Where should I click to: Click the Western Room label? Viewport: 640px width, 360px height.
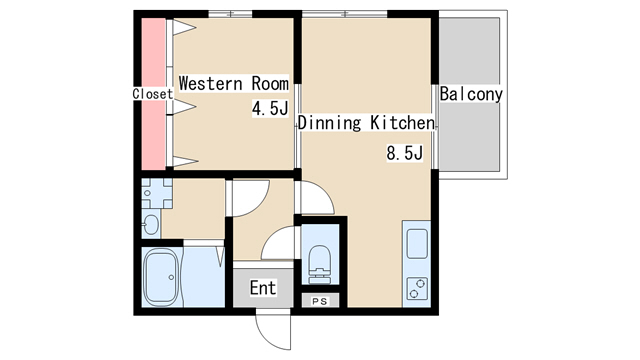tap(234, 83)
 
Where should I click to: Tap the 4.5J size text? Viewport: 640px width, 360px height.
tap(270, 109)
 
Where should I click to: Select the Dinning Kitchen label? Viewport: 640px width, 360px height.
tap(366, 123)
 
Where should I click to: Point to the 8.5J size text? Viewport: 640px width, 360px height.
tap(404, 153)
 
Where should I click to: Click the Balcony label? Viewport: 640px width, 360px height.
tap(471, 94)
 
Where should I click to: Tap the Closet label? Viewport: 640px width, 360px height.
tap(153, 93)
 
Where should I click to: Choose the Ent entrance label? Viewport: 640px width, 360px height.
tap(263, 288)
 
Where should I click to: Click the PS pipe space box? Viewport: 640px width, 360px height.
tap(320, 301)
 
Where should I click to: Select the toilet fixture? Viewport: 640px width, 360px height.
tap(319, 264)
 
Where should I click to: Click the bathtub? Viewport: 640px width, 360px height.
tap(162, 278)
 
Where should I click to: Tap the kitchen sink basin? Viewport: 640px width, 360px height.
tap(417, 244)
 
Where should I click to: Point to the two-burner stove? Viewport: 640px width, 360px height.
tap(417, 288)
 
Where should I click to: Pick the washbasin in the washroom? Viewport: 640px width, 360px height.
tap(151, 224)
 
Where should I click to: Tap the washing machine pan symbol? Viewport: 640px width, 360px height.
tap(157, 193)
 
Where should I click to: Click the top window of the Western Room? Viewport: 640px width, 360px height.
tap(230, 14)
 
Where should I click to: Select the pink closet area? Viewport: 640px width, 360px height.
tap(153, 94)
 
